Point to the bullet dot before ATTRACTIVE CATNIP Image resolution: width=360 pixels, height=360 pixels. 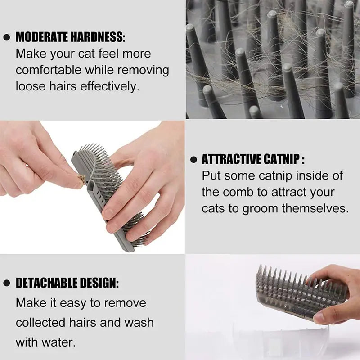coord(193,160)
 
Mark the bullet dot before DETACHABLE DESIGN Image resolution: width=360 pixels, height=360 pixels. coord(6,283)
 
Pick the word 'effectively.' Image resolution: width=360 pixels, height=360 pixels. coord(110,86)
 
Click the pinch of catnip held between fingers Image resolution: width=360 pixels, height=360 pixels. coord(81,179)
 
